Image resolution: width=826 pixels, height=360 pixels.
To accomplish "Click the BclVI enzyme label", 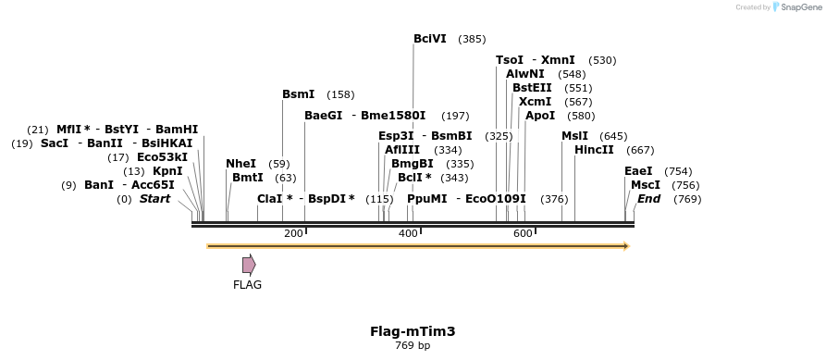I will pyautogui.click(x=430, y=39).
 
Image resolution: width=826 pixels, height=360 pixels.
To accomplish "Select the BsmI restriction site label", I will pyautogui.click(x=298, y=94).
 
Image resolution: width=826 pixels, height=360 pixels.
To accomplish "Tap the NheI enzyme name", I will pyautogui.click(x=240, y=164).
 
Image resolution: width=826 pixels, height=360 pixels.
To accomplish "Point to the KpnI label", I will pyautogui.click(x=167, y=171).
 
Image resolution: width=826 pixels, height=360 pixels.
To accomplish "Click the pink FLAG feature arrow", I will pyautogui.click(x=249, y=265).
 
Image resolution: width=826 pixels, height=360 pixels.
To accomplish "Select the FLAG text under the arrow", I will pyautogui.click(x=247, y=285).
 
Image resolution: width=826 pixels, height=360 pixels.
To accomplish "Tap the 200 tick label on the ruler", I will pyautogui.click(x=294, y=233).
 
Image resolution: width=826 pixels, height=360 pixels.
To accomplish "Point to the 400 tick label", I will pyautogui.click(x=408, y=233).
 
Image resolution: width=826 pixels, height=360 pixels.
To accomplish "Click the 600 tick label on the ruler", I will pyautogui.click(x=522, y=233).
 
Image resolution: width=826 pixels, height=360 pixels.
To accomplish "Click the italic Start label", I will pyautogui.click(x=154, y=199).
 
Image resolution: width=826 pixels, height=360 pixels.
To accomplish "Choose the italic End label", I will pyautogui.click(x=649, y=199).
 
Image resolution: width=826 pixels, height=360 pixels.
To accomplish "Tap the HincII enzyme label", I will pyautogui.click(x=594, y=150).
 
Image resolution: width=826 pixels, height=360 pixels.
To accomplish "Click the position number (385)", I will pyautogui.click(x=472, y=39).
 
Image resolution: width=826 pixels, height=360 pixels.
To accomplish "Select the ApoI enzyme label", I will pyautogui.click(x=540, y=116).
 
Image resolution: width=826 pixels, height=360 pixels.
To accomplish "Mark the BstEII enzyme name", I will pyautogui.click(x=532, y=88).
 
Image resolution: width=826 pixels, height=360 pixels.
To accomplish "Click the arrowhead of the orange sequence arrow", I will pyautogui.click(x=626, y=246).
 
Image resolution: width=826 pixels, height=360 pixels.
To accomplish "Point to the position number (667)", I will pyautogui.click(x=640, y=150).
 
